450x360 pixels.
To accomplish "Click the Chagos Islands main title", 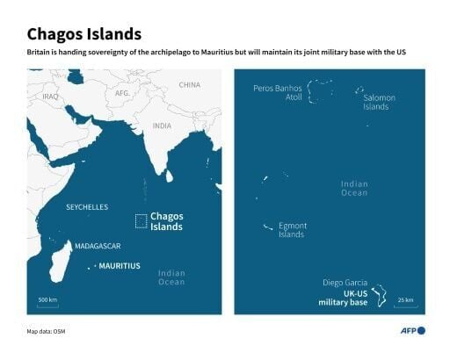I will tap(84, 34).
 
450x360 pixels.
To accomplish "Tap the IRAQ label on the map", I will tap(49, 97).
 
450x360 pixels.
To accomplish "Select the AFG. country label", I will tap(122, 92).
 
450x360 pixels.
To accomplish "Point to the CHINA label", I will tap(189, 85).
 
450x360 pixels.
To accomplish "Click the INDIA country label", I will tap(162, 126).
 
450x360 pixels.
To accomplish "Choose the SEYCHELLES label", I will tap(87, 207).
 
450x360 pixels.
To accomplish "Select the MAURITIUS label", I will tap(120, 265).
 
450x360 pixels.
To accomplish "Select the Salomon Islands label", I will tap(375, 103).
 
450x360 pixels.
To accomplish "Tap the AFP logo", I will tap(409, 330).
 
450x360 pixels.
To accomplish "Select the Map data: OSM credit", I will tap(47, 331).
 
